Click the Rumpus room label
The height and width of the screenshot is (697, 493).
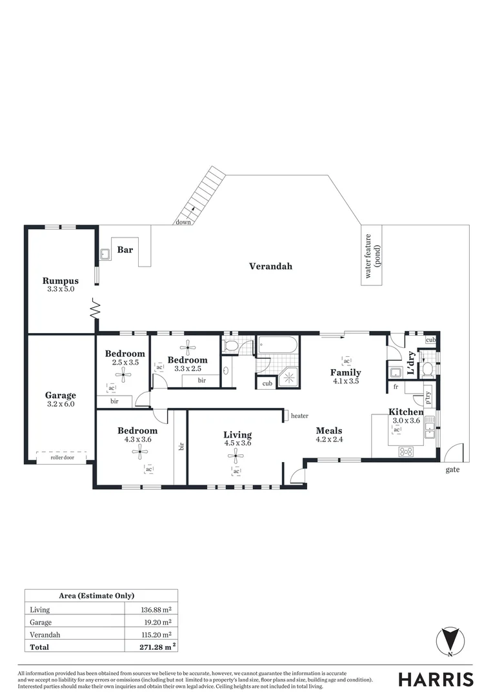click(x=61, y=281)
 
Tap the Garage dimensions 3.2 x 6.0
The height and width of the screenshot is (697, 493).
click(x=61, y=405)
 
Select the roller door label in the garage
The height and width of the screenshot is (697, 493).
click(x=63, y=458)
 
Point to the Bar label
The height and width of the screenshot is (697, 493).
click(x=125, y=250)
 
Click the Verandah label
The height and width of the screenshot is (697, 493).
click(x=270, y=266)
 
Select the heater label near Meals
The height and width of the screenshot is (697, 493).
click(x=299, y=416)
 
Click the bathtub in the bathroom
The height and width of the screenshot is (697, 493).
click(x=277, y=346)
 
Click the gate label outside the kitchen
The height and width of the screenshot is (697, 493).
click(x=453, y=470)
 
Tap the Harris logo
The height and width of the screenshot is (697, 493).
click(x=436, y=679)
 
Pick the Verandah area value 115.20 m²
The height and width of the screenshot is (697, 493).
click(x=156, y=634)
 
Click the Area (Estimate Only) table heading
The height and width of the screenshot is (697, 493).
click(x=101, y=596)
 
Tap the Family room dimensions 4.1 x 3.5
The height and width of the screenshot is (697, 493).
click(x=345, y=381)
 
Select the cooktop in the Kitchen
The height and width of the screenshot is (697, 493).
click(x=408, y=450)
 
